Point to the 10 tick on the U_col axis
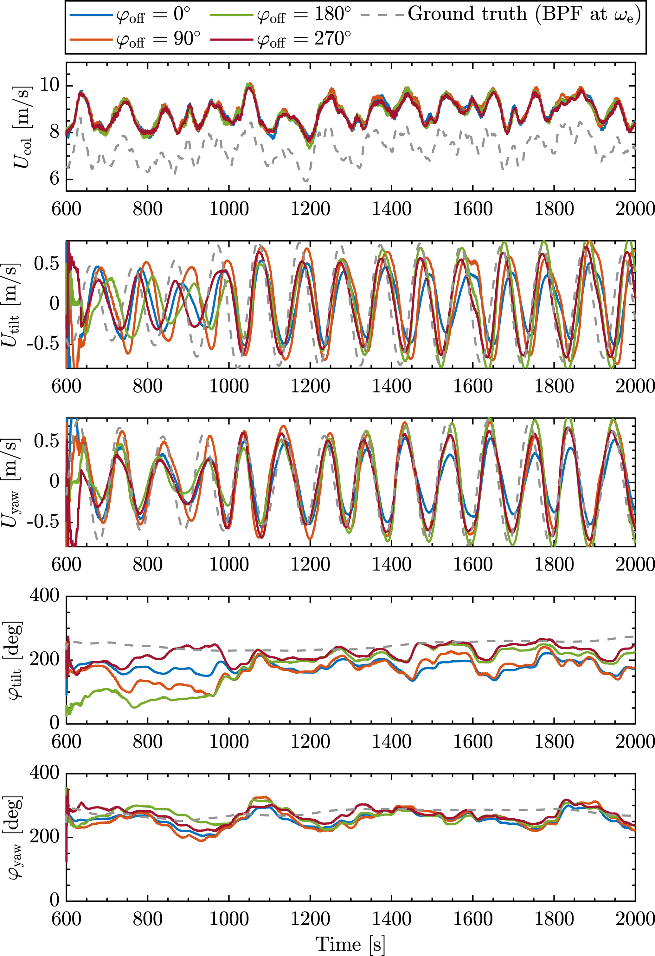(50, 85)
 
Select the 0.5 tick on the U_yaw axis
(47, 441)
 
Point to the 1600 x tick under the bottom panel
(472, 919)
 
